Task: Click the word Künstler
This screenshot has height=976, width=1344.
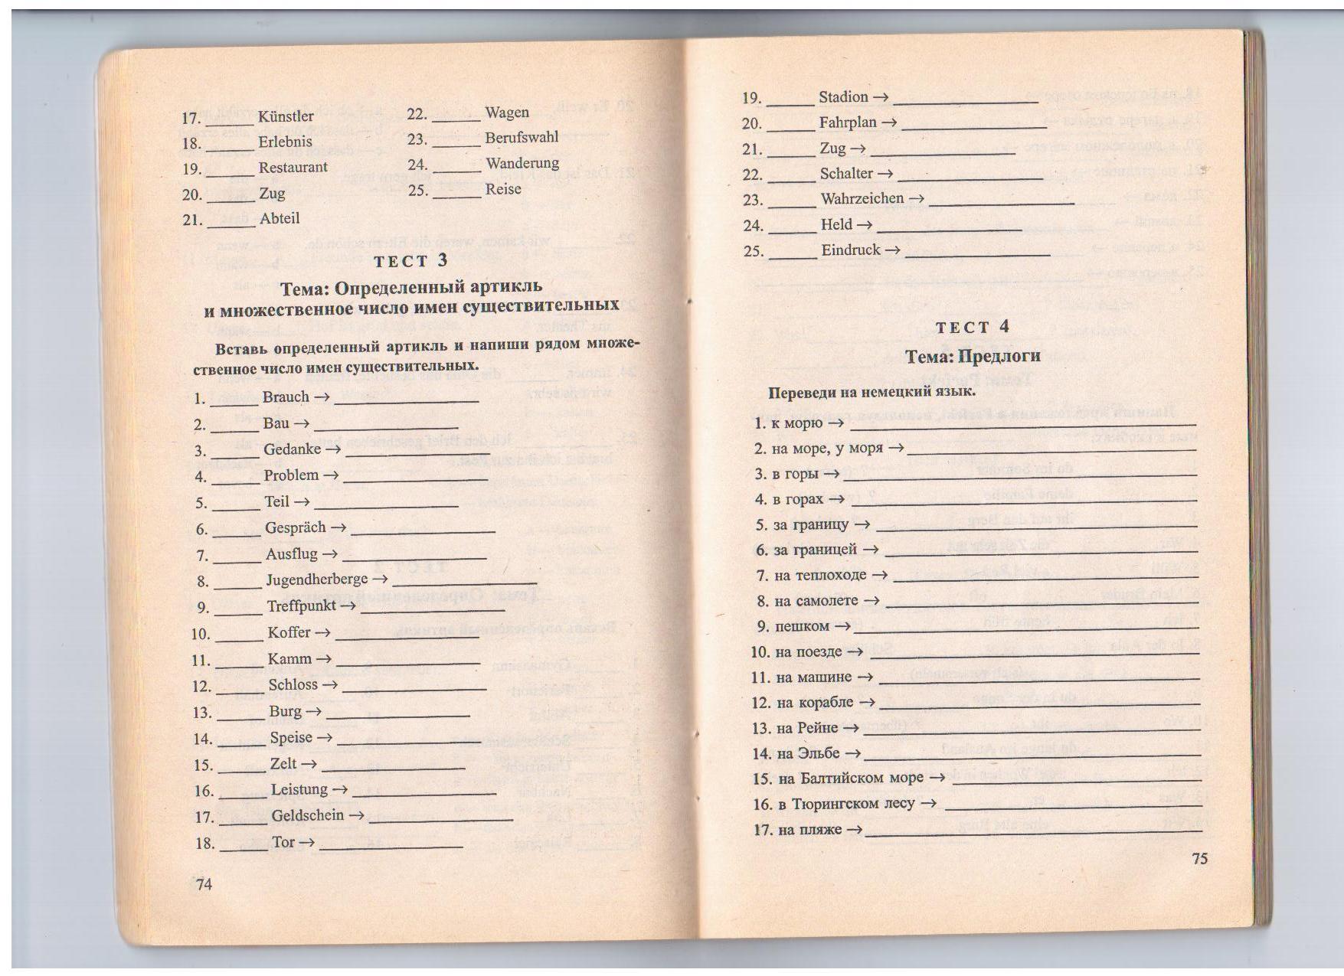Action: click(x=286, y=116)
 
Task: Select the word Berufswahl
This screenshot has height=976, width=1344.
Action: click(x=522, y=138)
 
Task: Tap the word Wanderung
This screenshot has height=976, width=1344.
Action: click(x=522, y=163)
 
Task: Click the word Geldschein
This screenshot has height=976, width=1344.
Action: click(x=307, y=815)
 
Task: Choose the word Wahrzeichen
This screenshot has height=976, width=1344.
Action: click(x=862, y=199)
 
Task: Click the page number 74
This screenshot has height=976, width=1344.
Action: click(x=204, y=885)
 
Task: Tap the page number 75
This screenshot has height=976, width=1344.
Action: click(x=1199, y=858)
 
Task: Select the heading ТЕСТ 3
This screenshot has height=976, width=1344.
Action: click(x=410, y=261)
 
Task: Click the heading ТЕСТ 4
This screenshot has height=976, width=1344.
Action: click(x=973, y=328)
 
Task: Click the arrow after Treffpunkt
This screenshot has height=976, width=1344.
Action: click(x=348, y=606)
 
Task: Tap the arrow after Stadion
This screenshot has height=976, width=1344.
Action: click(x=880, y=97)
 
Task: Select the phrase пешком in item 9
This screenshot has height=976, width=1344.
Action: click(x=802, y=626)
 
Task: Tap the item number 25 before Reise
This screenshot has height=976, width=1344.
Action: click(x=417, y=190)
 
